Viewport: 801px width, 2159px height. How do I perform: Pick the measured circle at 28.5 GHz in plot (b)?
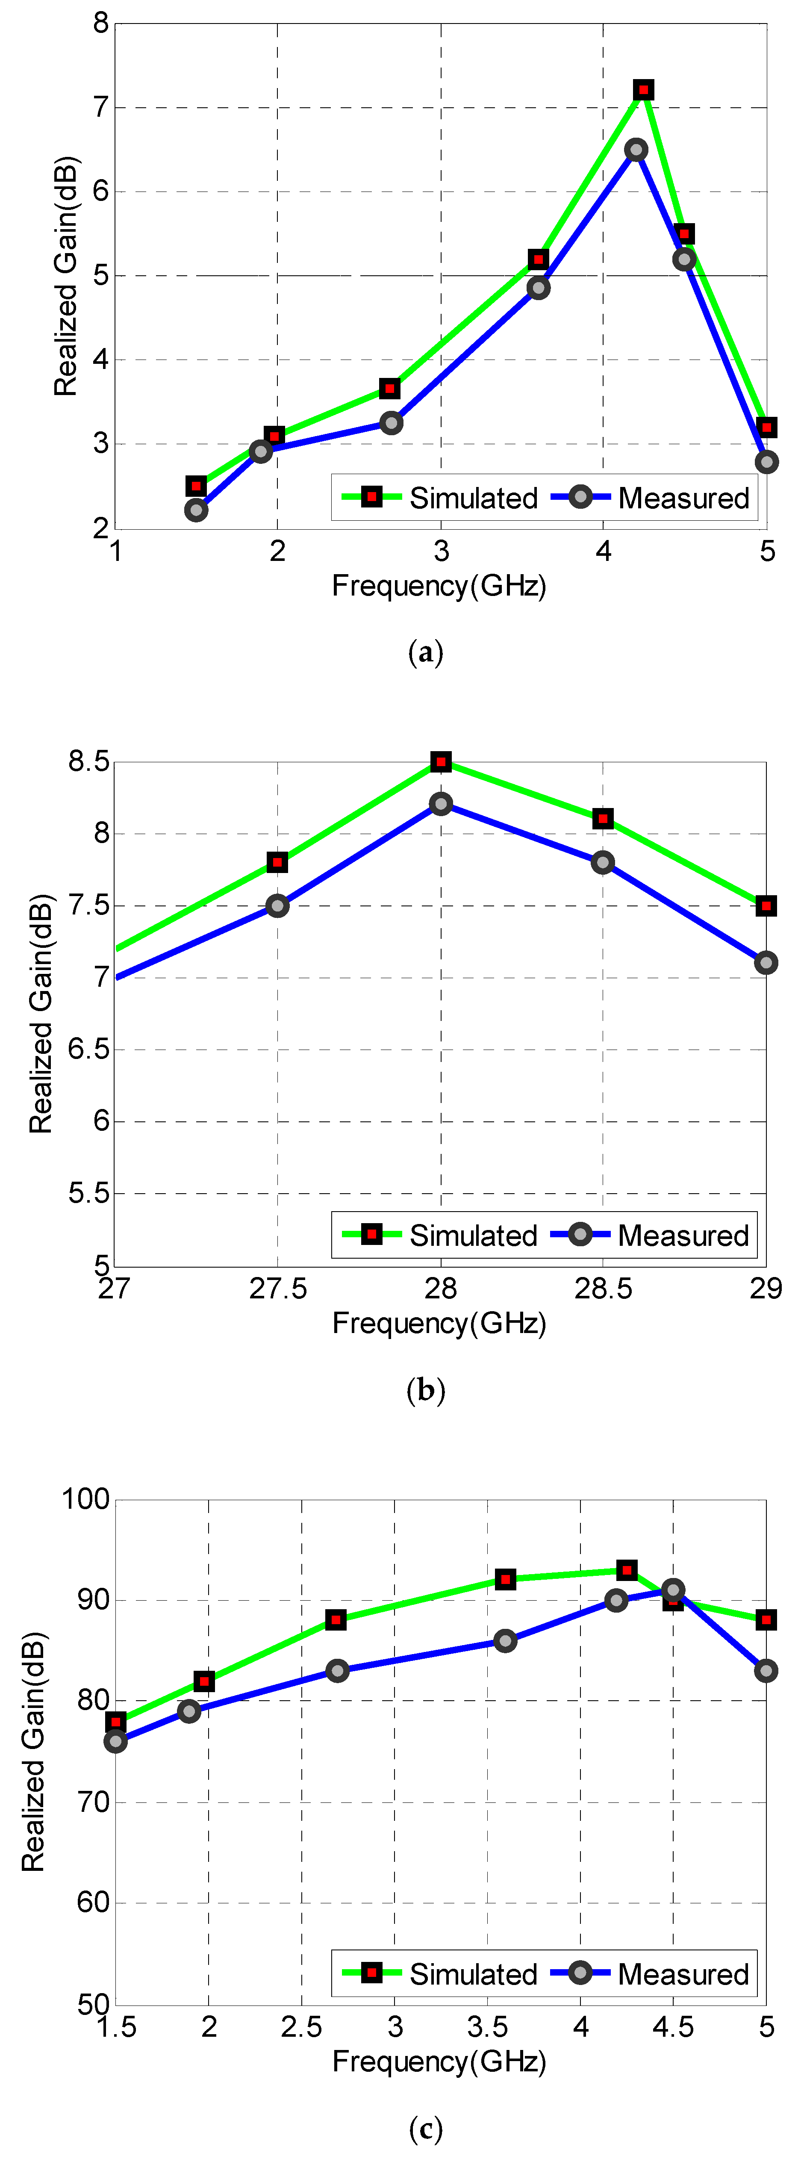point(602,862)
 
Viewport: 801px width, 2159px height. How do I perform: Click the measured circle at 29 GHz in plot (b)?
point(765,963)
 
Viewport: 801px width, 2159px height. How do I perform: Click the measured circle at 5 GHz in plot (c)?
point(765,1670)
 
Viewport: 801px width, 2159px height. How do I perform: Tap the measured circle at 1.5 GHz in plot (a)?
point(196,510)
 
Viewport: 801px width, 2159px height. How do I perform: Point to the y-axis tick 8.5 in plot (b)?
point(89,762)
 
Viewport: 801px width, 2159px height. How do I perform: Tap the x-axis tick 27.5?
point(277,1288)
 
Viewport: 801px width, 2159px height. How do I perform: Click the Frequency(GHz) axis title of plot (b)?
point(439,1323)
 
